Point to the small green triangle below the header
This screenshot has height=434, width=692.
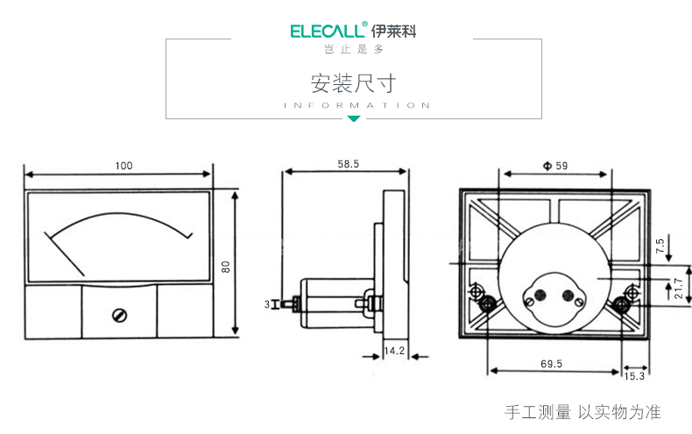point(354,118)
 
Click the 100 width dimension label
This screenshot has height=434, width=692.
point(124,165)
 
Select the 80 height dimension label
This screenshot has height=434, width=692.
point(225,266)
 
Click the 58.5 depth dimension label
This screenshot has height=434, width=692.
point(348,164)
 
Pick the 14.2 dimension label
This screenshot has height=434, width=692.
point(394,351)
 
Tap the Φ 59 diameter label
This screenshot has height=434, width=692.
point(555,165)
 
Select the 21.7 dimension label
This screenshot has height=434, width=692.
point(678,288)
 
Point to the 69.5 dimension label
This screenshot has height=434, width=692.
point(552,362)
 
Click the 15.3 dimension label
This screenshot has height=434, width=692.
point(635,376)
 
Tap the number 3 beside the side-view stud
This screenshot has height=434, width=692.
point(266,304)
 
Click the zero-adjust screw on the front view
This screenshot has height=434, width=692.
point(119,314)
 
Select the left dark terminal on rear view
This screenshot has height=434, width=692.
point(488,304)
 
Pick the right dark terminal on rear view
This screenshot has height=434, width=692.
point(623,304)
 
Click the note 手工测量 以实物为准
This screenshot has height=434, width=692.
point(583,412)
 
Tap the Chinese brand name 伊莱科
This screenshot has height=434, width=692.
point(394,32)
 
